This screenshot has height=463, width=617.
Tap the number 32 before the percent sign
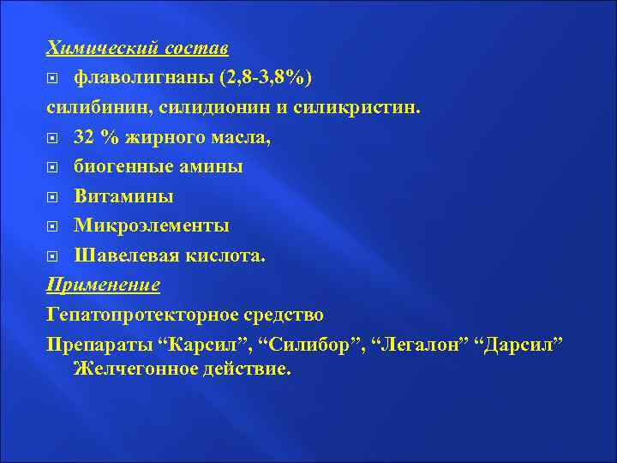pos(85,137)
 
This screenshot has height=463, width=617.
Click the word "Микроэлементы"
pos(152,225)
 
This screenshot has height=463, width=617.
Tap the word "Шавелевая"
pos(129,256)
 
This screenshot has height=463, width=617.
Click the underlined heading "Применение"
pos(104,285)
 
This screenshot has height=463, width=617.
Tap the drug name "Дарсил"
pos(523,343)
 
